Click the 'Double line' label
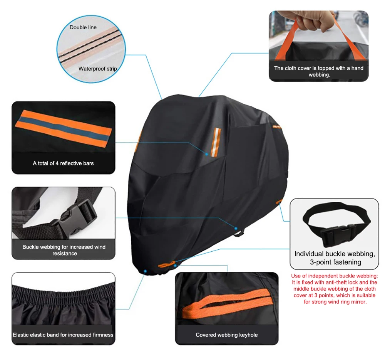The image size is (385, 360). tap(83, 27)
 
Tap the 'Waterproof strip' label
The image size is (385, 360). tap(97, 69)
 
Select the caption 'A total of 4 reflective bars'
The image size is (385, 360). tap(63, 163)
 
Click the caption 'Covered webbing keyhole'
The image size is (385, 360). tap(226, 335)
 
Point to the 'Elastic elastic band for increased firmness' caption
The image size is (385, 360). tap(63, 335)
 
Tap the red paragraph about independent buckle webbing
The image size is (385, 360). tap(334, 289)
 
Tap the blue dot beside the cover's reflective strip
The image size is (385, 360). tap(207, 154)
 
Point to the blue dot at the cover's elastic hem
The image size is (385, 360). tap(145, 271)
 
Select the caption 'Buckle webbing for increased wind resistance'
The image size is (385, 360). tap(64, 250)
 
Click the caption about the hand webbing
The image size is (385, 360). tap(319, 71)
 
